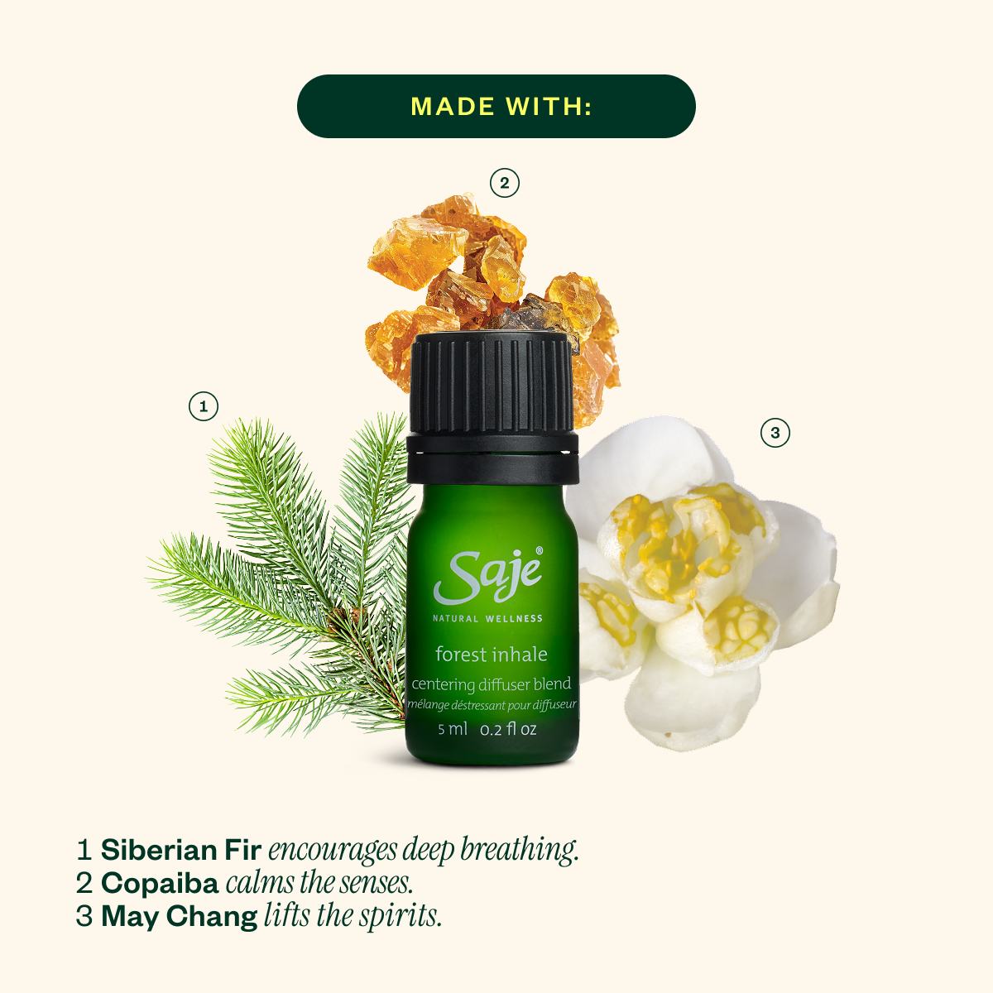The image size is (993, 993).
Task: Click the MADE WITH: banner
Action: (496, 106)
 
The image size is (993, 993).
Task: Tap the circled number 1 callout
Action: (204, 406)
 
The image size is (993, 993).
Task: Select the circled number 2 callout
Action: (505, 183)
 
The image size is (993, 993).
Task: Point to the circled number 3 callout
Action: (775, 433)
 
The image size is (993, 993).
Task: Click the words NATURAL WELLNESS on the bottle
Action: (487, 618)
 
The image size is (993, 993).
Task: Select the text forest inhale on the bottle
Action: (492, 655)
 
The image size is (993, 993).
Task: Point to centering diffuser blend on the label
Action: (492, 684)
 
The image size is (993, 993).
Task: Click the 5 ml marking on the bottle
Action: (453, 729)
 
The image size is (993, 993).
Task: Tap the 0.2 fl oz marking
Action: (509, 729)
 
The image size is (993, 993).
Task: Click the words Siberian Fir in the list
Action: (181, 850)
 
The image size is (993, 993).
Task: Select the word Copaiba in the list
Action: (160, 883)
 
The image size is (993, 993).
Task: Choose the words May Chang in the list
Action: (180, 916)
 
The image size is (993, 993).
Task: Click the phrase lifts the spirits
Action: (353, 916)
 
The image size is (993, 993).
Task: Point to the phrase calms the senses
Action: (319, 883)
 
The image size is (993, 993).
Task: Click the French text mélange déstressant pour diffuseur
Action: (492, 705)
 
